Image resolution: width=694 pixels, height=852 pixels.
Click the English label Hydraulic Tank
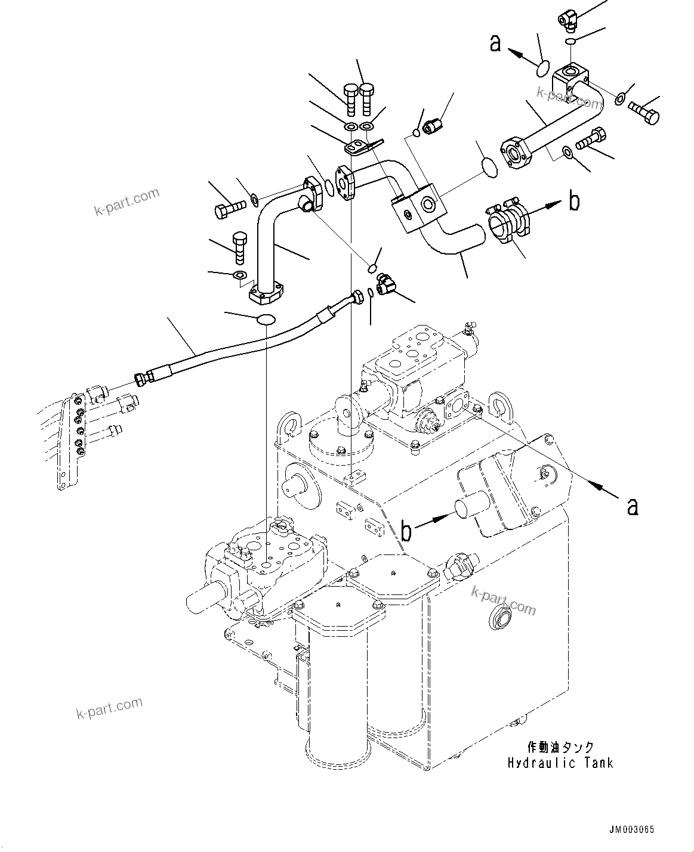560,763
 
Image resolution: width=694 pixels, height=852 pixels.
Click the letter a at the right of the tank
633,506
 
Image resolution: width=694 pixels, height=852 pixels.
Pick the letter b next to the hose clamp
573,202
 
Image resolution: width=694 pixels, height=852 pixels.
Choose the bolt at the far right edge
646,112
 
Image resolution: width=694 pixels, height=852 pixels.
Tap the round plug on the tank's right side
499,619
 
